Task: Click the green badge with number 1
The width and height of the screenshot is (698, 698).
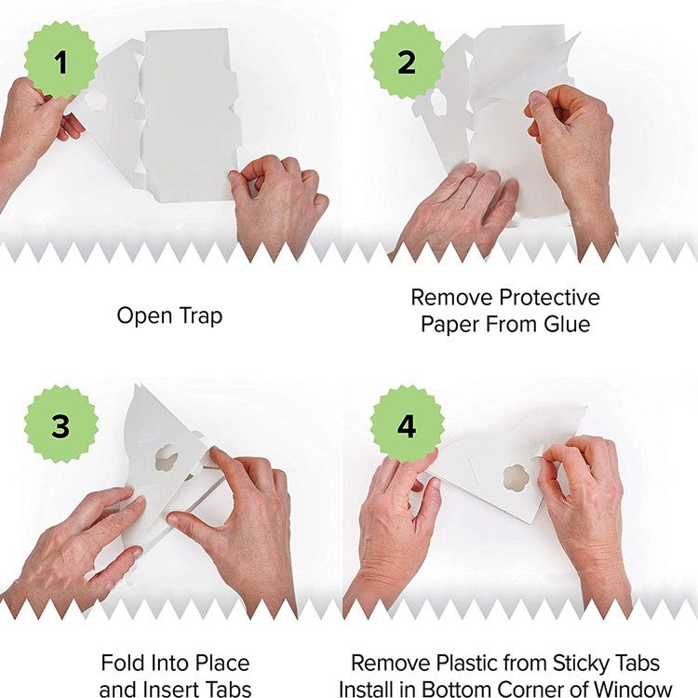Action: tap(61, 61)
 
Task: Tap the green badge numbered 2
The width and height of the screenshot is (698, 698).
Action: tap(407, 61)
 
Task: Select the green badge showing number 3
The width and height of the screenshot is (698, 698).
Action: tap(61, 425)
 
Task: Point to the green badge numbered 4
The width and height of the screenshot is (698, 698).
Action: tap(407, 425)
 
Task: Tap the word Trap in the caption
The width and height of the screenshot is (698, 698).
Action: tap(200, 316)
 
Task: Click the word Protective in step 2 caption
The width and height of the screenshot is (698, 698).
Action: tap(549, 298)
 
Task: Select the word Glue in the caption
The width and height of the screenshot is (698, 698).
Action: tap(567, 324)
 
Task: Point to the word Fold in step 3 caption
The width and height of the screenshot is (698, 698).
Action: tap(123, 663)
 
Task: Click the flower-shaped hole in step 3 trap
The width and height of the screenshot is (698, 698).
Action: tap(167, 457)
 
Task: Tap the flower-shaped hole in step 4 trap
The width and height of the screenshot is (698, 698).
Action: tap(516, 478)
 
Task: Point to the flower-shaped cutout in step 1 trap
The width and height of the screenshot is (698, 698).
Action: tap(94, 100)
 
